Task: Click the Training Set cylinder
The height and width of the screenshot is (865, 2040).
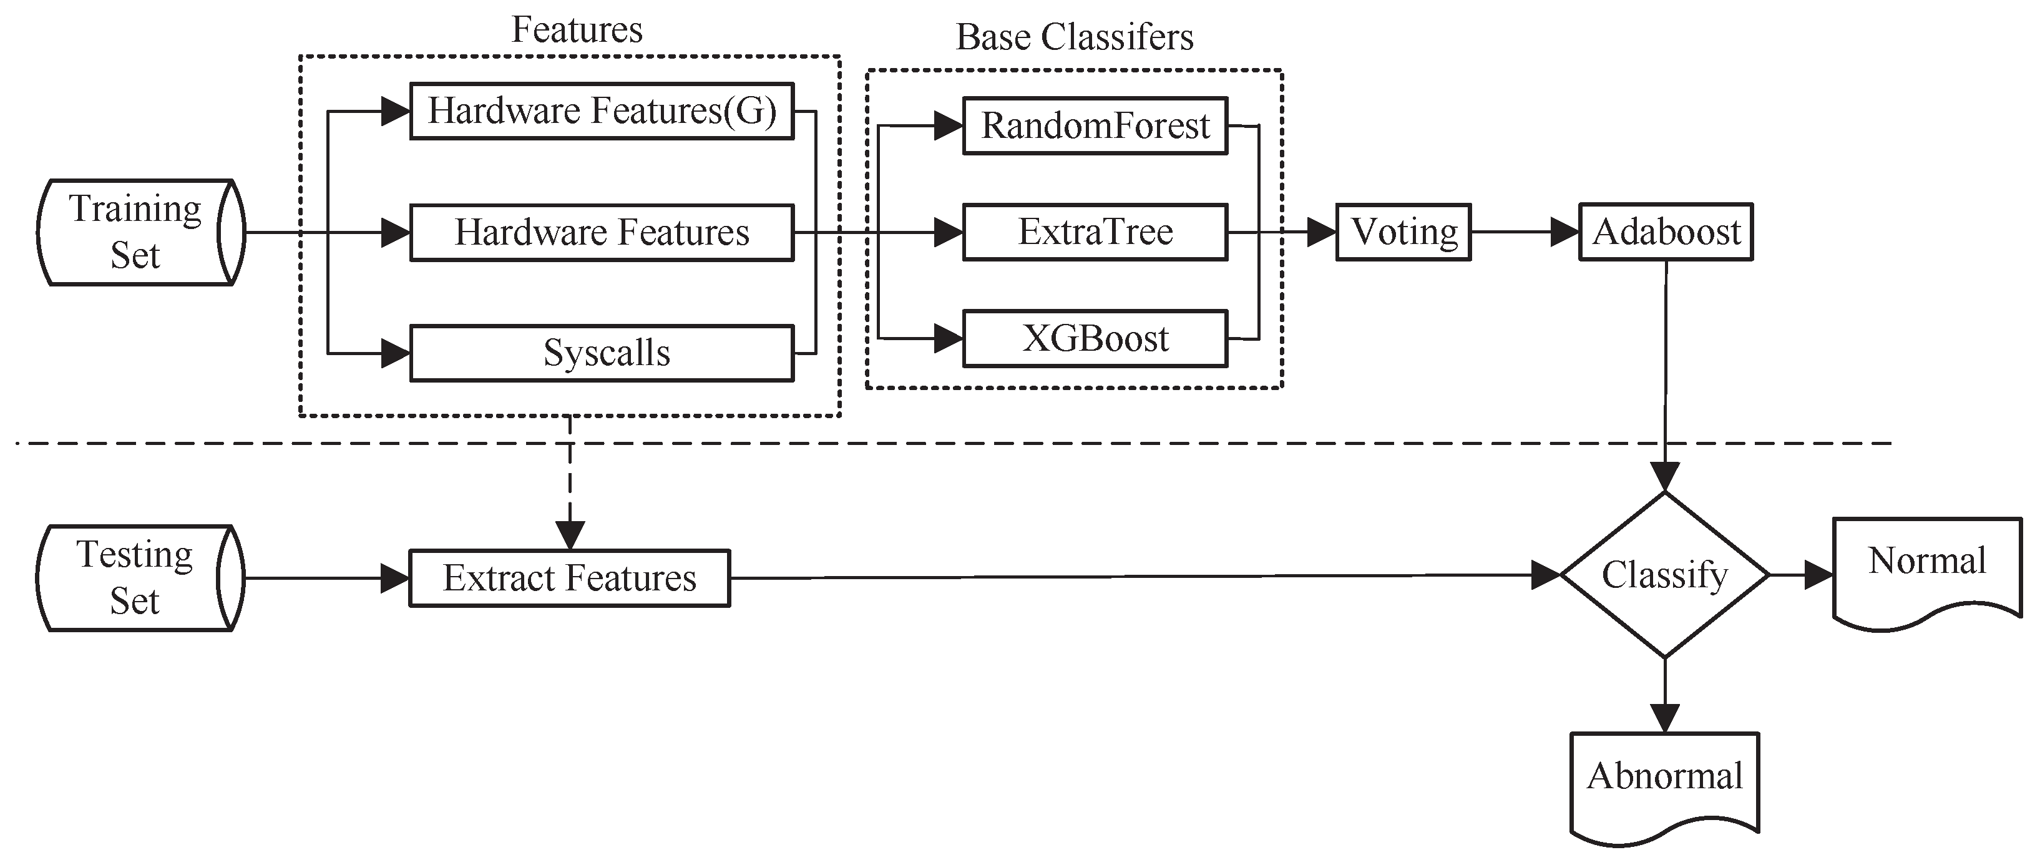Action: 136,232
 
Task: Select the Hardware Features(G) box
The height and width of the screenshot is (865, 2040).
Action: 602,111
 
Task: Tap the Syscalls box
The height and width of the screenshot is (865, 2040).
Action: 602,353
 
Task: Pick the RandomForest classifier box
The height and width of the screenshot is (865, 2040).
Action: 1095,125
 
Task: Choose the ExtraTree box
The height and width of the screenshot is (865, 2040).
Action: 1095,232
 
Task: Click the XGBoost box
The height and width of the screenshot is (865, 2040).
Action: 1095,339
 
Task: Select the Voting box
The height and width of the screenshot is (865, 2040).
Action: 1403,232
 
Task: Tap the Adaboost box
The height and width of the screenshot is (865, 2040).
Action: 1666,232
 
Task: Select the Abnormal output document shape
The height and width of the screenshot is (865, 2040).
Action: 1664,784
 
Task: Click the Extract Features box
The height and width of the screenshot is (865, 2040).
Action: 569,579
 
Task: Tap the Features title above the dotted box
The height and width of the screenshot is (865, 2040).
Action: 577,30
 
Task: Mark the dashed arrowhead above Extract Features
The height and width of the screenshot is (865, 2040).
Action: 570,535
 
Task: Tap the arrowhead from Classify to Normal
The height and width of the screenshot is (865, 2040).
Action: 1818,575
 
